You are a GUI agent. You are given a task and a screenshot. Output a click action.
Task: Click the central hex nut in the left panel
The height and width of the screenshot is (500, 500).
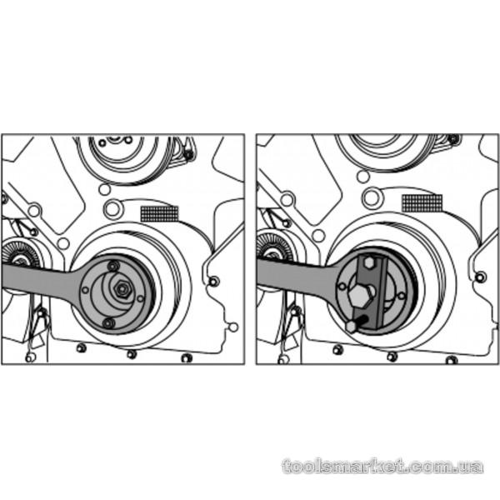pyautogui.click(x=122, y=289)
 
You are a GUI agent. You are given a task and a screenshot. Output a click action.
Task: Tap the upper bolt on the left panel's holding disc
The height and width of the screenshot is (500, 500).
pyautogui.click(x=113, y=265)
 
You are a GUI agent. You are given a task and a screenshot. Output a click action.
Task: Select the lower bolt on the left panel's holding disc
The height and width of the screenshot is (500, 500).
pyautogui.click(x=108, y=323)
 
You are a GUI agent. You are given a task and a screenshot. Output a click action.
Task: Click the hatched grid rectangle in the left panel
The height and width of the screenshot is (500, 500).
pyautogui.click(x=159, y=213)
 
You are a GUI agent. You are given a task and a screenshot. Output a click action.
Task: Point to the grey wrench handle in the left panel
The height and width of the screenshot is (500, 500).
pyautogui.click(x=38, y=277)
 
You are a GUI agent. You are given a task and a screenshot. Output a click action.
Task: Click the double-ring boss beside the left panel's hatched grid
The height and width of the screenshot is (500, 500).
pyautogui.click(x=113, y=209)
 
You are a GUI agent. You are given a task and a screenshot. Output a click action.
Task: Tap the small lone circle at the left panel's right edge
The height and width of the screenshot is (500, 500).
pyautogui.click(x=233, y=327)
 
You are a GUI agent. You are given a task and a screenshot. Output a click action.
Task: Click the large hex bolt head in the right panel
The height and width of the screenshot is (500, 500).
pyautogui.click(x=361, y=296)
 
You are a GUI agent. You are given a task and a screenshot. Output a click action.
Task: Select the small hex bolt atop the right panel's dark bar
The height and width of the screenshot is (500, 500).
pyautogui.click(x=369, y=262)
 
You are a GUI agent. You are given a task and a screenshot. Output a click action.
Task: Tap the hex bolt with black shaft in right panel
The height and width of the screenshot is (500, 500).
pyautogui.click(x=357, y=324)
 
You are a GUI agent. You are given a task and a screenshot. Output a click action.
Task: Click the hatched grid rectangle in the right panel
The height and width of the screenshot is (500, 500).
pyautogui.click(x=422, y=203)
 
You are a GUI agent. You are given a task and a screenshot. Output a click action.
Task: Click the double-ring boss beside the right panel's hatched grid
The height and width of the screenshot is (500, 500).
pyautogui.click(x=372, y=197)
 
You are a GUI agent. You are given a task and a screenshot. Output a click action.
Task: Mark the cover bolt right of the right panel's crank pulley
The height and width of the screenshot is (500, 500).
pyautogui.click(x=481, y=277)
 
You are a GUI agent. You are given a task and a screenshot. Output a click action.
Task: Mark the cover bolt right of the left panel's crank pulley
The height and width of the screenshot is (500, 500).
pyautogui.click(x=213, y=282)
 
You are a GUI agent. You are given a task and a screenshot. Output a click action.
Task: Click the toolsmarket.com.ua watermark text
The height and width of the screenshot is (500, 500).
pyautogui.click(x=382, y=467)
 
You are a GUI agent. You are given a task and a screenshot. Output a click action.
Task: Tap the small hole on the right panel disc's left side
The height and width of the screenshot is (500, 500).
pyautogui.click(x=342, y=286)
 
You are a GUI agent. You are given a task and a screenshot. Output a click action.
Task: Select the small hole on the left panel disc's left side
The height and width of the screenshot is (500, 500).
pyautogui.click(x=85, y=290)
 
